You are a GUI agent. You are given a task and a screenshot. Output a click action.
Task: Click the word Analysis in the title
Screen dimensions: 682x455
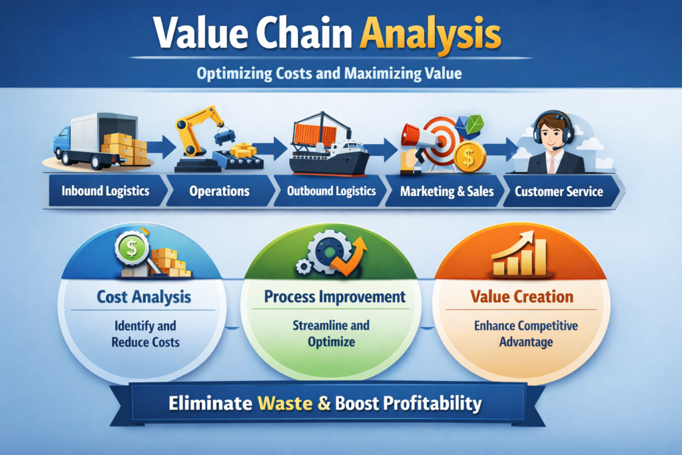tap(431, 35)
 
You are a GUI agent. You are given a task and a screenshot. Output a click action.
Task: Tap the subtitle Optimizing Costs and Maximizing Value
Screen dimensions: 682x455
tap(329, 73)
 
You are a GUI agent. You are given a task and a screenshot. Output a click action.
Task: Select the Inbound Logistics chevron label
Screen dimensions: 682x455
tap(105, 191)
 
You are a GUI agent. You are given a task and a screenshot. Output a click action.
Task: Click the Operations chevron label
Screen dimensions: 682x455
tap(219, 191)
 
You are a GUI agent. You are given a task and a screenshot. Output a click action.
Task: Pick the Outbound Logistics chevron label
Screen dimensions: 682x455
tap(331, 191)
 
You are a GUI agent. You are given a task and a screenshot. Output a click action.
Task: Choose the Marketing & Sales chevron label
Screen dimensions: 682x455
tap(447, 191)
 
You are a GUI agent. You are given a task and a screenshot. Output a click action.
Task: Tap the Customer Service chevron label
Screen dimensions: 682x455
tap(559, 191)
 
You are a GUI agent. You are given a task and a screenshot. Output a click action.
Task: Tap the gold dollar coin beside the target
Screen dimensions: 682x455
tap(469, 157)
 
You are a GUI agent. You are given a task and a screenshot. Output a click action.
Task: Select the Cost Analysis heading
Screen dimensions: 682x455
tap(144, 296)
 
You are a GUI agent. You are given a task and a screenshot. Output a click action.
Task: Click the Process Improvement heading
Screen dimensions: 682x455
tap(334, 296)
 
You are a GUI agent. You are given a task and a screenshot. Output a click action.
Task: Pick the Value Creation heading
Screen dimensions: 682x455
tap(521, 296)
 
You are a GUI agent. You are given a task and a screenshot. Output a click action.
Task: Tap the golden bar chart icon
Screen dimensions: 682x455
tap(519, 254)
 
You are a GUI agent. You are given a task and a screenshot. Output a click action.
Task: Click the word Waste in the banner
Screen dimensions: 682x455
tap(285, 403)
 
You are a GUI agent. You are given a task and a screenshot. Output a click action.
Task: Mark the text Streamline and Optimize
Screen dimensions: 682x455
tap(331, 333)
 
